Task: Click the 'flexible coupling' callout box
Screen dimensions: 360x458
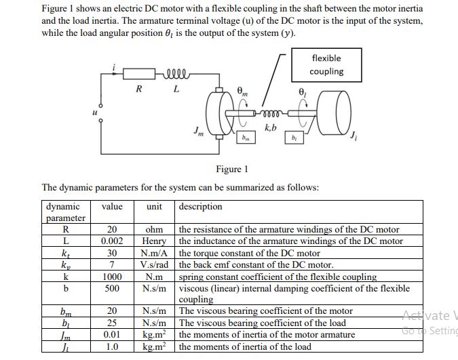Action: [326, 65]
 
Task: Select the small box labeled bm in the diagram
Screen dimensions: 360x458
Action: [246, 139]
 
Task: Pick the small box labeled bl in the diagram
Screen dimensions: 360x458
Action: [294, 139]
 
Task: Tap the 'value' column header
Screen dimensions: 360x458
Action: [113, 207]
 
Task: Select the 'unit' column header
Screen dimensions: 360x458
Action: [154, 207]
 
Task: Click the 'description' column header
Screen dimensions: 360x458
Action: [201, 207]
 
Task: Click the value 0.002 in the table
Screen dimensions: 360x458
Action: [112, 241]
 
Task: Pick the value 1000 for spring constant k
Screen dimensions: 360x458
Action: [112, 277]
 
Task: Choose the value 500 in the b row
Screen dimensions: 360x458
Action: [112, 288]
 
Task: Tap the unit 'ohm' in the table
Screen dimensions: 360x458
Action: [154, 230]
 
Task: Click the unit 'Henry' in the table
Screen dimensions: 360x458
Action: [154, 241]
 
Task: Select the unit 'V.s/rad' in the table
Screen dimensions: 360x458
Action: [154, 264]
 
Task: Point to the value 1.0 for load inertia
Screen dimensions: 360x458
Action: [112, 346]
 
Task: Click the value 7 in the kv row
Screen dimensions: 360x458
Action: [112, 264]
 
